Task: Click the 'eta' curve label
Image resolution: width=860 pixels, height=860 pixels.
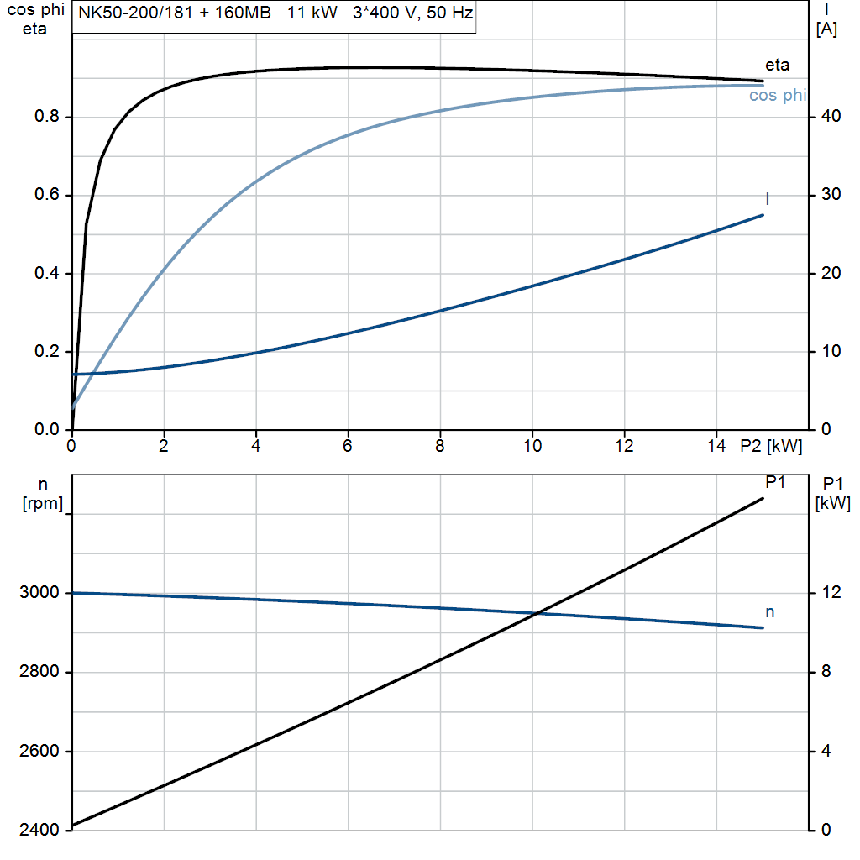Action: (777, 65)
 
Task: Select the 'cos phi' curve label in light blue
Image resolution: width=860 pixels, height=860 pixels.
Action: (777, 96)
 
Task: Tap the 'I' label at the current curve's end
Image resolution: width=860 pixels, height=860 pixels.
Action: (768, 198)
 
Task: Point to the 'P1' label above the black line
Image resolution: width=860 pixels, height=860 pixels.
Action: (775, 482)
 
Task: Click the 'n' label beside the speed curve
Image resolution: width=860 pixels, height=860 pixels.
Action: (769, 612)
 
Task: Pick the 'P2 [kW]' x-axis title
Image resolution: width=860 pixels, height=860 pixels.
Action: (771, 446)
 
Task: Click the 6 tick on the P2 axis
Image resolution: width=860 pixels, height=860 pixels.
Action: (348, 446)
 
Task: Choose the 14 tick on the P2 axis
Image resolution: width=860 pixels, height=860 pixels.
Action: (716, 446)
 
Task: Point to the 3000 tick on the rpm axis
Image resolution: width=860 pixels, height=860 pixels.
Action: (40, 593)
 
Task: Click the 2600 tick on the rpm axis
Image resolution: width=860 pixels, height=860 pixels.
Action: (40, 751)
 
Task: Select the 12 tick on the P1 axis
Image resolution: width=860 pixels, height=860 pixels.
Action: (830, 593)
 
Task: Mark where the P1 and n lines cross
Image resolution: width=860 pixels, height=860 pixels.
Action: (536, 613)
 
